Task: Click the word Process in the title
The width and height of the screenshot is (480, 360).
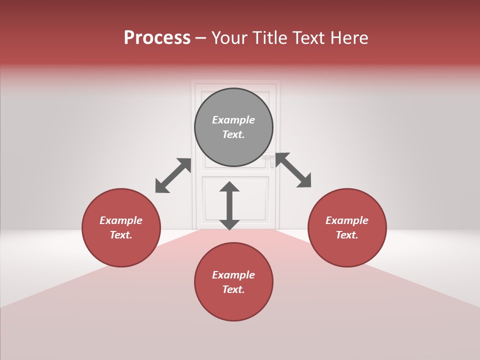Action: tap(157, 38)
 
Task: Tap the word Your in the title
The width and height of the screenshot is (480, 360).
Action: tap(230, 38)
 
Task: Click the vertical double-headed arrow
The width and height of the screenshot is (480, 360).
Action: tap(229, 205)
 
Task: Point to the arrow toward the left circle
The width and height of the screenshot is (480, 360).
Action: tap(173, 175)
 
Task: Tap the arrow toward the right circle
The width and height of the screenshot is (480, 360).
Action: tap(293, 170)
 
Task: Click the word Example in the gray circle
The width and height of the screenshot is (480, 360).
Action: tap(233, 120)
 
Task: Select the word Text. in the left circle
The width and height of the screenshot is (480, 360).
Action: tap(121, 235)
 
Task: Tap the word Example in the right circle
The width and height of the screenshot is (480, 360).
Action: tap(347, 220)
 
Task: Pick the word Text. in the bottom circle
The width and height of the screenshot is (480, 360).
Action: tap(233, 290)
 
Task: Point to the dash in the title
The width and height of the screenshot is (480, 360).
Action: tap(201, 38)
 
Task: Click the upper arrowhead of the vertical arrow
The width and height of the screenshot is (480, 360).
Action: tap(229, 186)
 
